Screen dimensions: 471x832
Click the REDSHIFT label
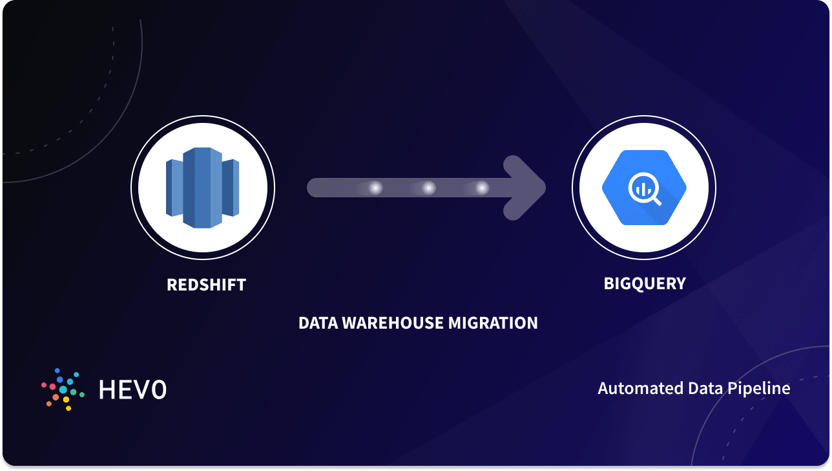point(206,285)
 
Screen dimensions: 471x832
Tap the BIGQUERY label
point(644,283)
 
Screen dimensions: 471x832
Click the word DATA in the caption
point(317,323)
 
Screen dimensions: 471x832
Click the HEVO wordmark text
point(132,389)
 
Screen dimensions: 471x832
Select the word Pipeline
point(760,389)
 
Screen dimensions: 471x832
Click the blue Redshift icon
point(203,188)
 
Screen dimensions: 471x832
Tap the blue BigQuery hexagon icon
point(643,188)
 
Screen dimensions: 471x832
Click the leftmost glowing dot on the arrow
point(375,188)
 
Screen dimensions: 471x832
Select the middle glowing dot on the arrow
point(428,188)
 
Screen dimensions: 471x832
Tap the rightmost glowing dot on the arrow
point(481,188)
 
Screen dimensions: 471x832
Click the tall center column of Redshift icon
point(203,188)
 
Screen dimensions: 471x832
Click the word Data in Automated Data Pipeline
point(703,388)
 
